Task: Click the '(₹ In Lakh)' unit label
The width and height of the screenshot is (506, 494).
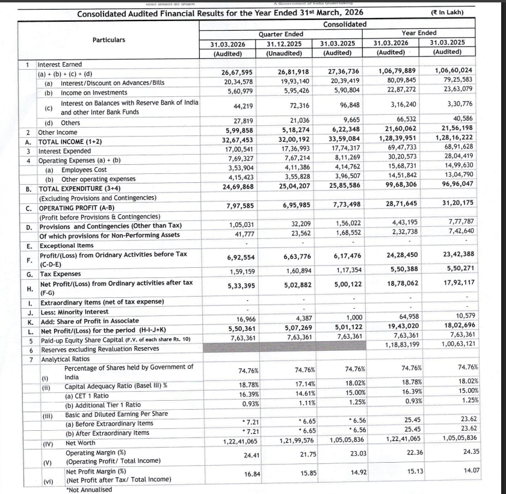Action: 469,13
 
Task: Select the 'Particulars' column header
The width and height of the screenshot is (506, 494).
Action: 109,40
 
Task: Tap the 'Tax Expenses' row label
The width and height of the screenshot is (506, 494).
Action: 60,274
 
